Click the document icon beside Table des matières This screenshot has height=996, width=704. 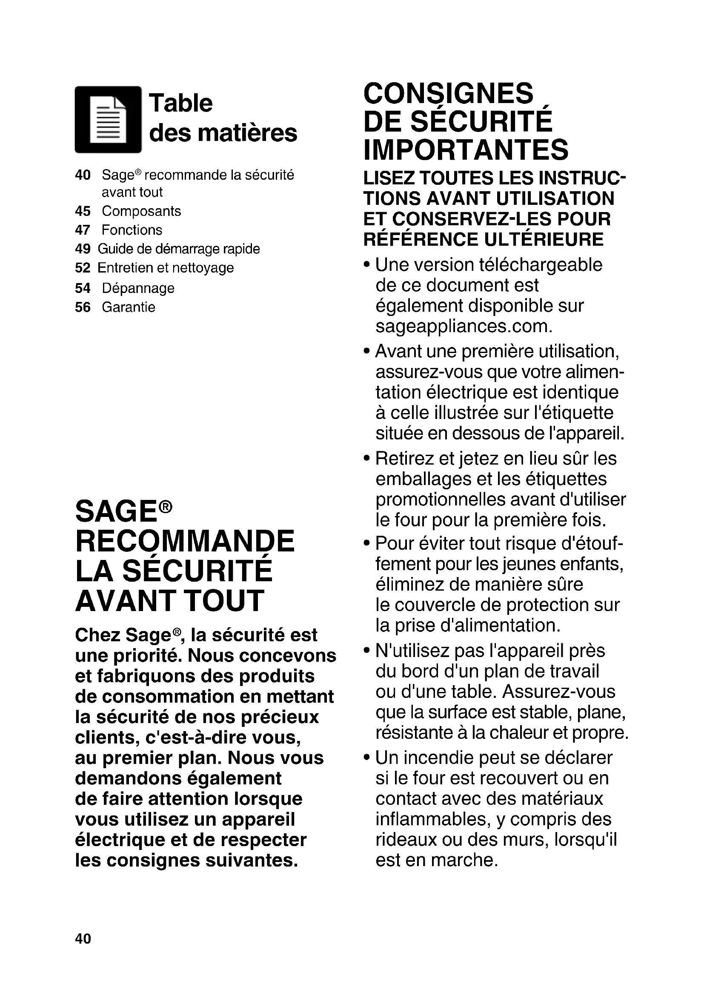(x=109, y=120)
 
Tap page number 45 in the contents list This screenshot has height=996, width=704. (x=83, y=211)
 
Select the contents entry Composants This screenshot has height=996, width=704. (x=141, y=211)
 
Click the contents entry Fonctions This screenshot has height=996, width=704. (x=132, y=230)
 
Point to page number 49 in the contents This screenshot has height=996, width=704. (x=83, y=249)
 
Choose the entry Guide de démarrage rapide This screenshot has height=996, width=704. (x=179, y=249)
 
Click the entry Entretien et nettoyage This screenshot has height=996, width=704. (x=166, y=268)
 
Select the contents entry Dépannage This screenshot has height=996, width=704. (x=138, y=288)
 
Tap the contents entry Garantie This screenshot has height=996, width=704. (x=128, y=307)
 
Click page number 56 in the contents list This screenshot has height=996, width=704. (x=83, y=307)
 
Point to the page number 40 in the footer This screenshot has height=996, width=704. (x=83, y=939)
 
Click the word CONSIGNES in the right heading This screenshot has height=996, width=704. (x=448, y=93)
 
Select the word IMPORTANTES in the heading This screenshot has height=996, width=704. (x=466, y=149)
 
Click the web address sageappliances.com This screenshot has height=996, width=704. (x=464, y=326)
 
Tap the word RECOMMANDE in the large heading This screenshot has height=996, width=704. (x=185, y=541)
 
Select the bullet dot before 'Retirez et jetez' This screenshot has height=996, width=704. (x=367, y=459)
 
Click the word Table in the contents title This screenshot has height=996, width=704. (x=181, y=103)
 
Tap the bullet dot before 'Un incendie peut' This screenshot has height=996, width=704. (x=367, y=758)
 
